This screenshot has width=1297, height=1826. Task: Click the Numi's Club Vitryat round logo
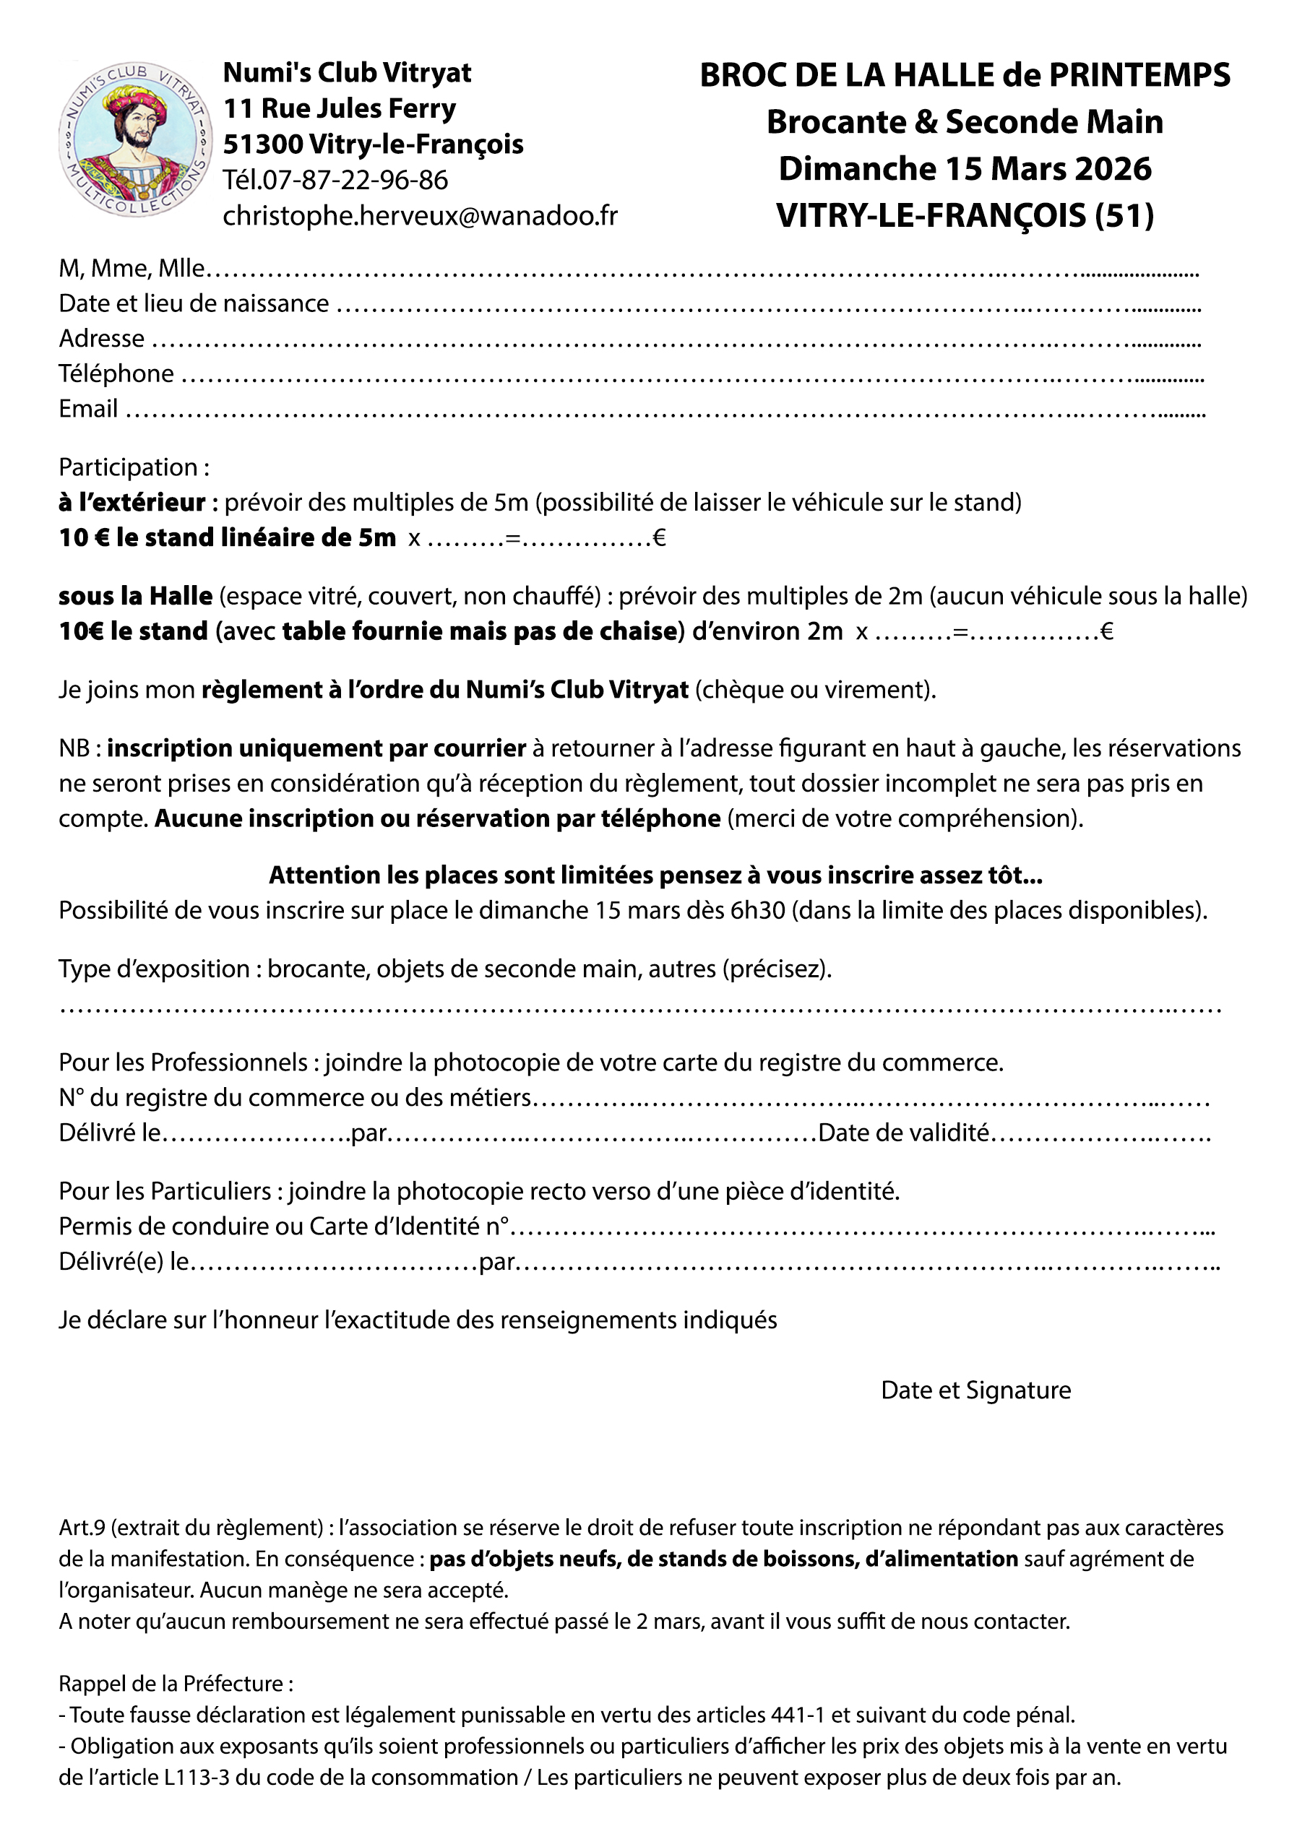click(x=134, y=139)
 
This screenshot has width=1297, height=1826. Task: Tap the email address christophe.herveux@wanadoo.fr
click(x=420, y=215)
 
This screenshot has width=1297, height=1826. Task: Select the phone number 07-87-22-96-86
click(x=356, y=180)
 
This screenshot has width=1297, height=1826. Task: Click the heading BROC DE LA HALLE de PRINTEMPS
click(x=965, y=75)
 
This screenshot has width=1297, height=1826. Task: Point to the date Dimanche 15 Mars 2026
click(x=965, y=169)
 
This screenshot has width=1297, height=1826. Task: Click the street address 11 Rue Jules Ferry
click(x=340, y=108)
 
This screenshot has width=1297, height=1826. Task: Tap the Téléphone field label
click(x=116, y=373)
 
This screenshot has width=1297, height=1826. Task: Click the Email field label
click(x=88, y=409)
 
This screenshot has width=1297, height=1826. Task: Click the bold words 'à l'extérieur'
click(x=132, y=502)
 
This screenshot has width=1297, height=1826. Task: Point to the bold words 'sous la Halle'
click(x=135, y=596)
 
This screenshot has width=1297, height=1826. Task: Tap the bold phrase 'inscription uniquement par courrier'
click(x=316, y=748)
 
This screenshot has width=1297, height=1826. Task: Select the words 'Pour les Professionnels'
click(x=183, y=1063)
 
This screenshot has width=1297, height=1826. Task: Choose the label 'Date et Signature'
click(x=976, y=1390)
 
